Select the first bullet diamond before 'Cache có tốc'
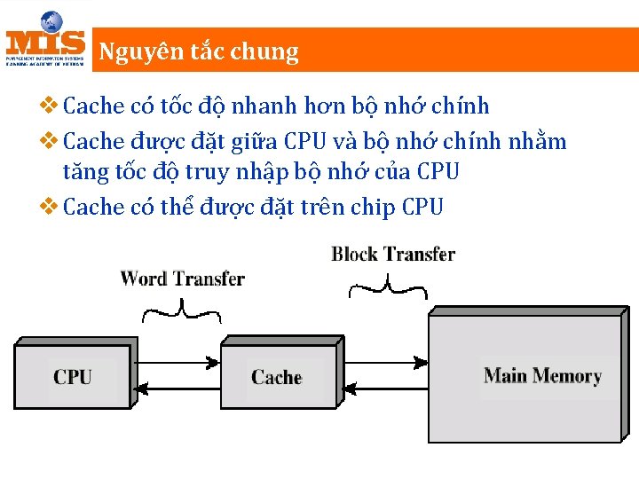[51, 106]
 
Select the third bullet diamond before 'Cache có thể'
[51, 207]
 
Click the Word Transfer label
[182, 279]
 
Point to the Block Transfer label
[393, 255]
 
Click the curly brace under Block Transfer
[388, 287]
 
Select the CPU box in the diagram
[71, 376]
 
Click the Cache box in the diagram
[276, 377]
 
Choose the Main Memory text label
[542, 375]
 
